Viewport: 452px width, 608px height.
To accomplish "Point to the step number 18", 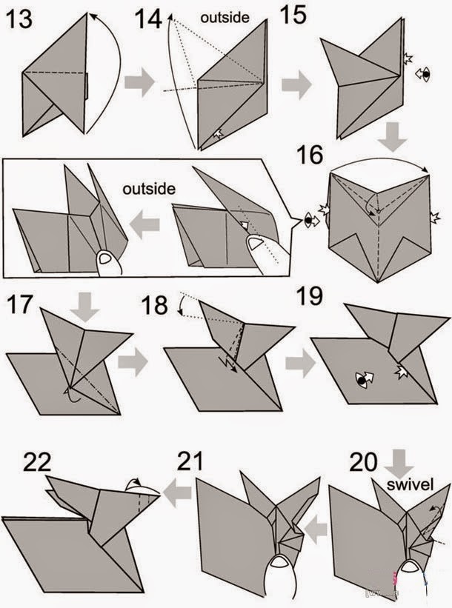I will point(155,305).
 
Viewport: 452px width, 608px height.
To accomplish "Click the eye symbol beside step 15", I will point(422,73).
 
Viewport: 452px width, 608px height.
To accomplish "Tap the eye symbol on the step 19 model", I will point(364,380).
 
